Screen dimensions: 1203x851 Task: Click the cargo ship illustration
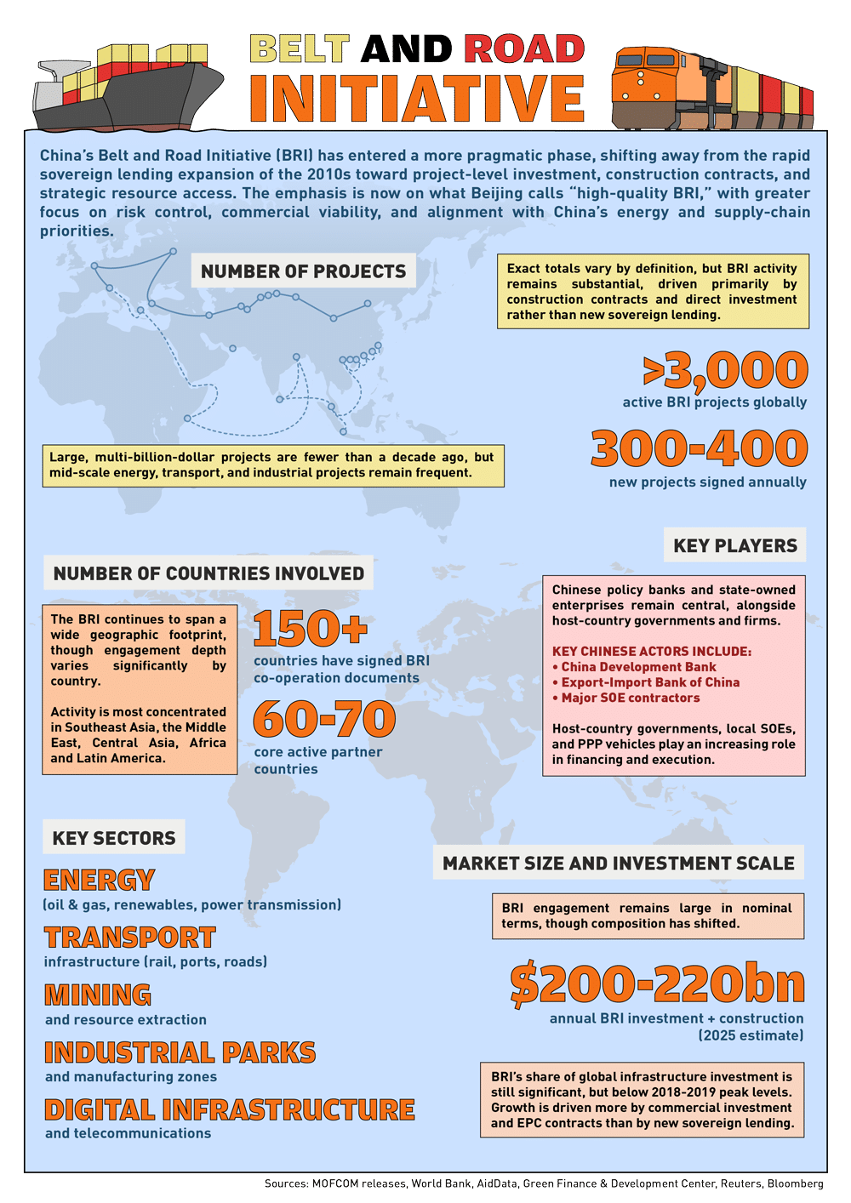pyautogui.click(x=128, y=89)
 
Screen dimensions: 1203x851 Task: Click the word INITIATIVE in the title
pyautogui.click(x=417, y=99)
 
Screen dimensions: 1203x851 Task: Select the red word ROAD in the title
pyautogui.click(x=524, y=49)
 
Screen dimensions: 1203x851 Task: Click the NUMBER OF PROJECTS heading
pyautogui.click(x=304, y=271)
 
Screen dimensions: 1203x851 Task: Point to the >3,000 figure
pyautogui.click(x=725, y=370)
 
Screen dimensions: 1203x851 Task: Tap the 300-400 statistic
pyautogui.click(x=700, y=448)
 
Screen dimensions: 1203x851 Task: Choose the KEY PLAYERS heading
pyautogui.click(x=735, y=546)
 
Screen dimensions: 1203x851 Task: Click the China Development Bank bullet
pyautogui.click(x=638, y=667)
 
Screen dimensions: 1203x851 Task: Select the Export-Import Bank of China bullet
pyautogui.click(x=650, y=682)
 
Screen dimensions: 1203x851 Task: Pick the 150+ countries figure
pyautogui.click(x=311, y=629)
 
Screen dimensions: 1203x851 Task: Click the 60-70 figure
pyautogui.click(x=324, y=719)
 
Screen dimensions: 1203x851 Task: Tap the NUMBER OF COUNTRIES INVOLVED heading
pyautogui.click(x=208, y=573)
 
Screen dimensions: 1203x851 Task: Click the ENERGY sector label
pyautogui.click(x=100, y=880)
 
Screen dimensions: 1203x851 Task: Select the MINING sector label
pyautogui.click(x=98, y=995)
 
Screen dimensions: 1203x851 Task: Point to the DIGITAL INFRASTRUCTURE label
pyautogui.click(x=230, y=1109)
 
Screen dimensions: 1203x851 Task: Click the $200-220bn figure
pyautogui.click(x=657, y=984)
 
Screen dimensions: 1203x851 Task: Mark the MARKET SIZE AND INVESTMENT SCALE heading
pyautogui.click(x=619, y=864)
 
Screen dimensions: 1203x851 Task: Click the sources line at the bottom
pyautogui.click(x=544, y=1183)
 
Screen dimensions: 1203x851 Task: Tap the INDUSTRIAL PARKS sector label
pyautogui.click(x=180, y=1052)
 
